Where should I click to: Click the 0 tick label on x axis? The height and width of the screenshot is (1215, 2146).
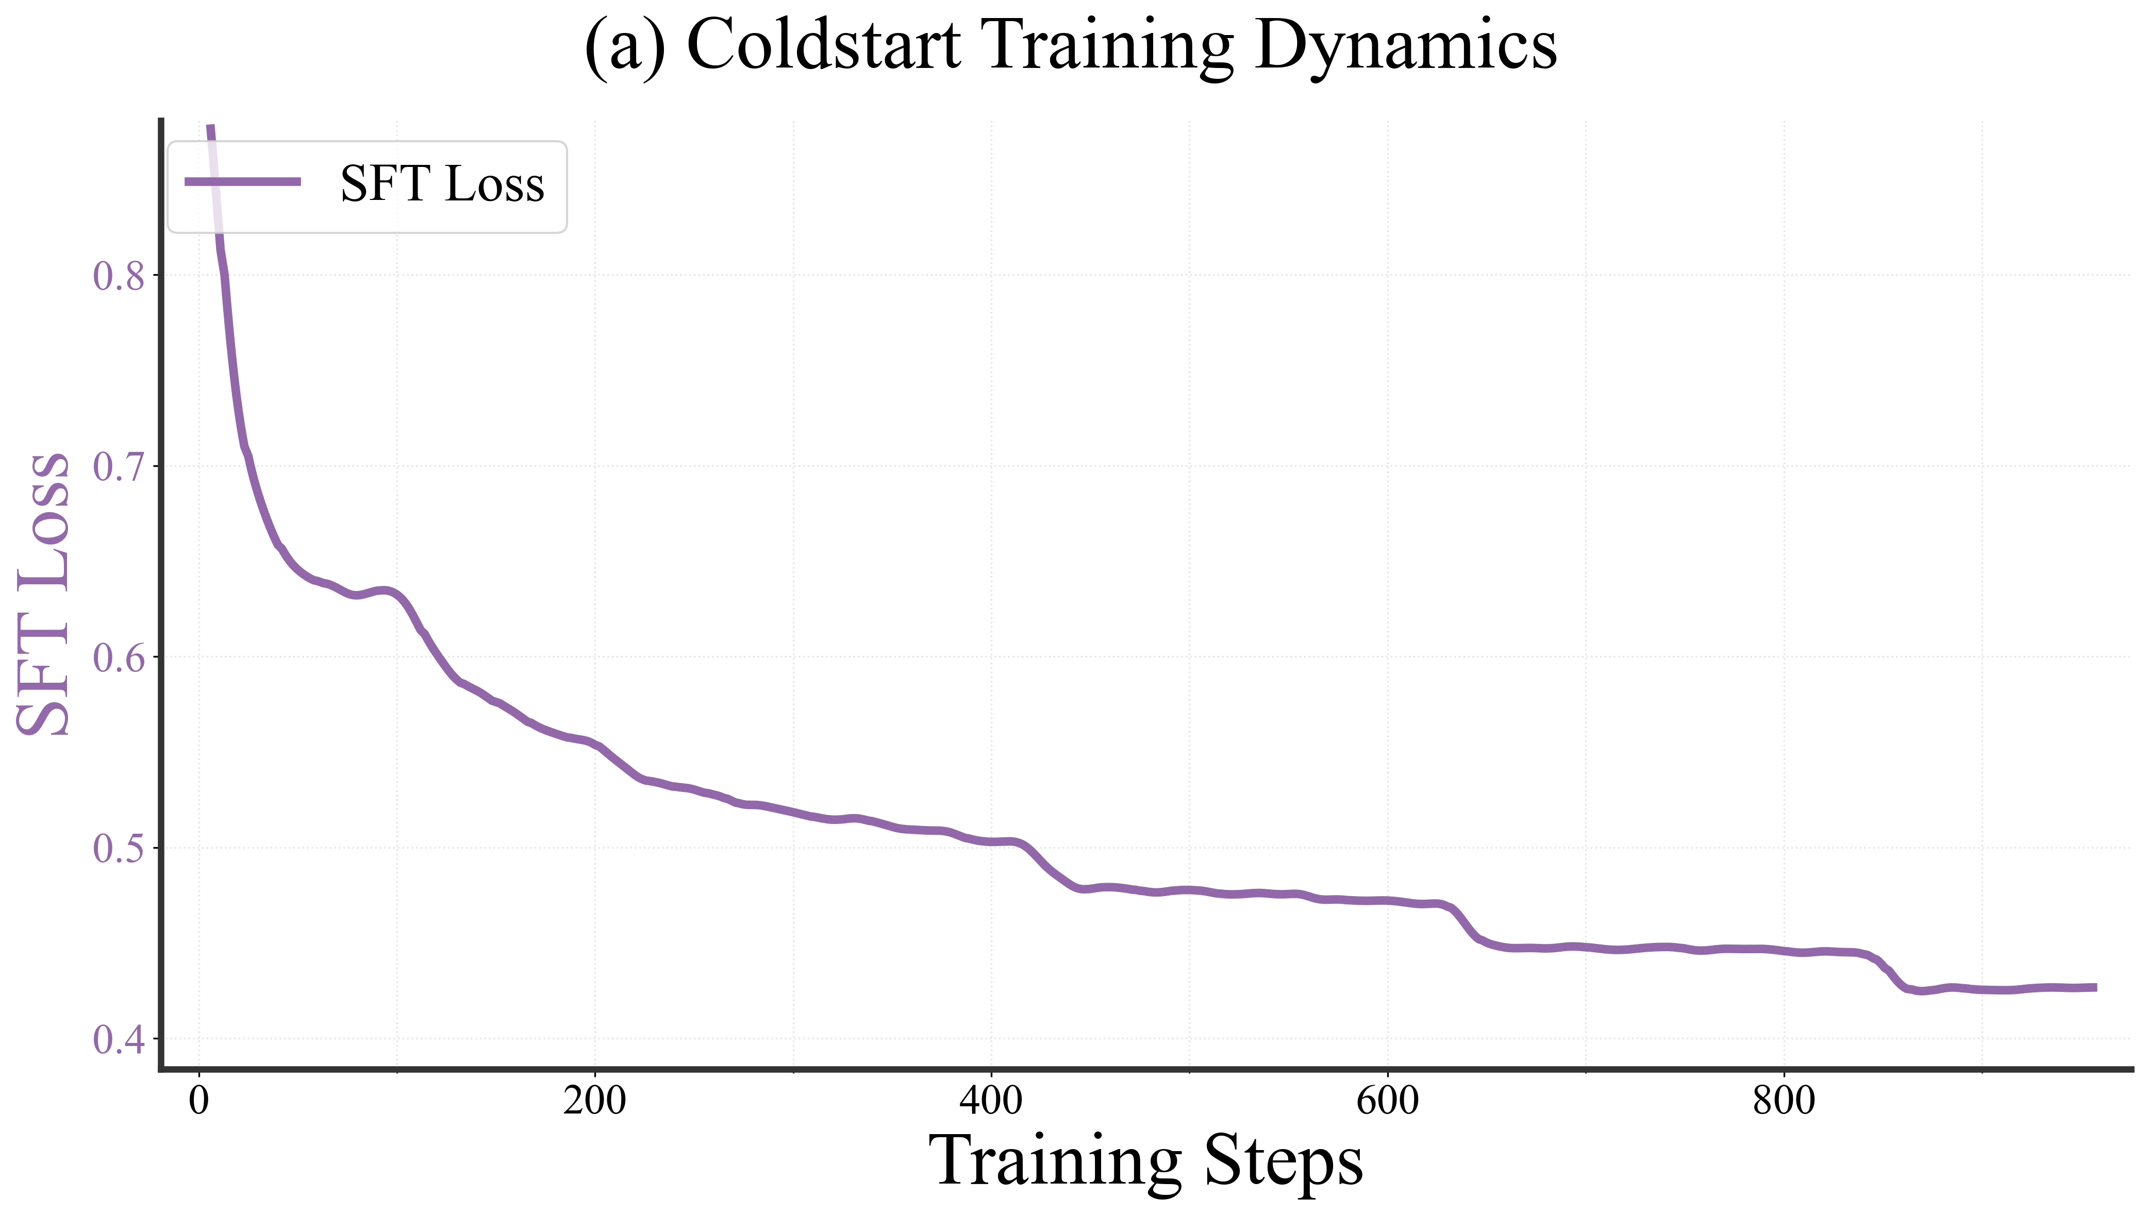tap(198, 1102)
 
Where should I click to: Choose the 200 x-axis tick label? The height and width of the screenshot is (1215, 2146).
tap(594, 1102)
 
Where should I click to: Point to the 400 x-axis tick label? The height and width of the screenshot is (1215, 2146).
tap(991, 1102)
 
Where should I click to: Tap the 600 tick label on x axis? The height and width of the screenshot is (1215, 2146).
tap(1387, 1102)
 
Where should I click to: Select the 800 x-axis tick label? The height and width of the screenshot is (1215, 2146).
tap(1784, 1102)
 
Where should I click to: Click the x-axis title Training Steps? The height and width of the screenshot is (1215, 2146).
tap(1145, 1161)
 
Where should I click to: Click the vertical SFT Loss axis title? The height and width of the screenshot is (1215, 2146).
tap(43, 594)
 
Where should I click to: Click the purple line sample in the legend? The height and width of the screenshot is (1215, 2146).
tap(242, 182)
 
